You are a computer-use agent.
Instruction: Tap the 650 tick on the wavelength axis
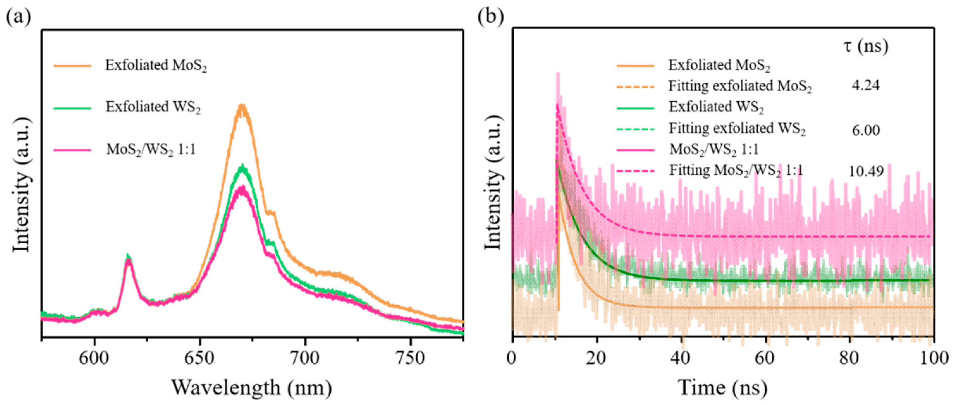point(200,358)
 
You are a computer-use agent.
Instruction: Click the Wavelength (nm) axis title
point(252,388)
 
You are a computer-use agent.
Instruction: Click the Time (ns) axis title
point(723,388)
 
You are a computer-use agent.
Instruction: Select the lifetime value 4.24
point(865,86)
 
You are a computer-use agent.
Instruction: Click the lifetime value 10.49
point(865,171)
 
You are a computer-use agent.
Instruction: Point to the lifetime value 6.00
point(865,130)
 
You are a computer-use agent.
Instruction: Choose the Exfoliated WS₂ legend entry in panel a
point(153,107)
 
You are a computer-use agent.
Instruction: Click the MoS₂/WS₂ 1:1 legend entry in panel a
point(151,150)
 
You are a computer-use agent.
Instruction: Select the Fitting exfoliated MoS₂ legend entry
point(740,86)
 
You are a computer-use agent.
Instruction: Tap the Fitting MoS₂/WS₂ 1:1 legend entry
point(736,171)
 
